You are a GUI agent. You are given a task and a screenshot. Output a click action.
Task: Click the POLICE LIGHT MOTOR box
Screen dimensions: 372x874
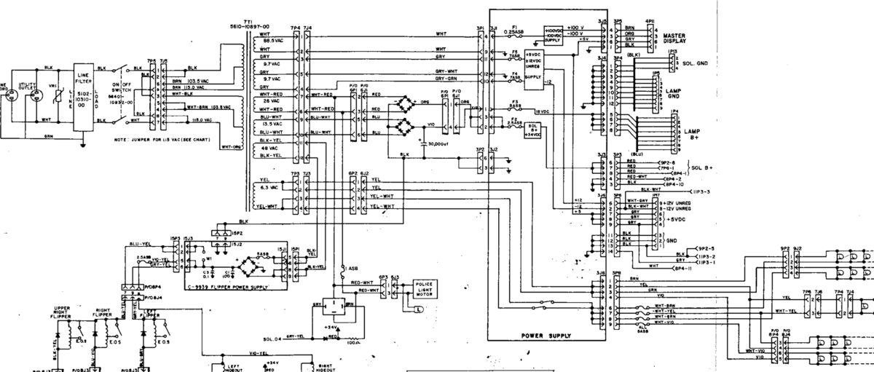click(423, 288)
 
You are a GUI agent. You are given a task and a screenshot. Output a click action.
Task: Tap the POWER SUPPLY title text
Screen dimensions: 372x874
click(546, 336)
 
